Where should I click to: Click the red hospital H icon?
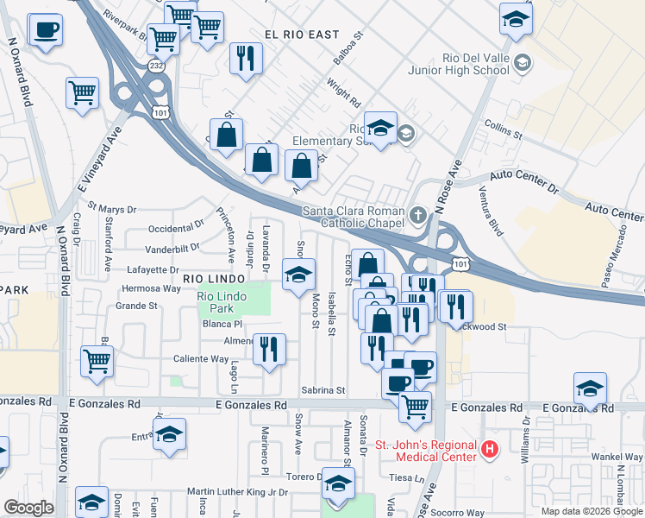(x=490, y=449)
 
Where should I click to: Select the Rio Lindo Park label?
(x=216, y=302)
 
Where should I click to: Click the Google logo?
(x=29, y=508)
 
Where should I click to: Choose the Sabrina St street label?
(x=323, y=390)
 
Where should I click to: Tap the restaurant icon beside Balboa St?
(x=247, y=58)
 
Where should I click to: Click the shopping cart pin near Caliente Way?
(x=97, y=361)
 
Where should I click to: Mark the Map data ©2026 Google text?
(x=592, y=511)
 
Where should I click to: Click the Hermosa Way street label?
(x=152, y=287)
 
